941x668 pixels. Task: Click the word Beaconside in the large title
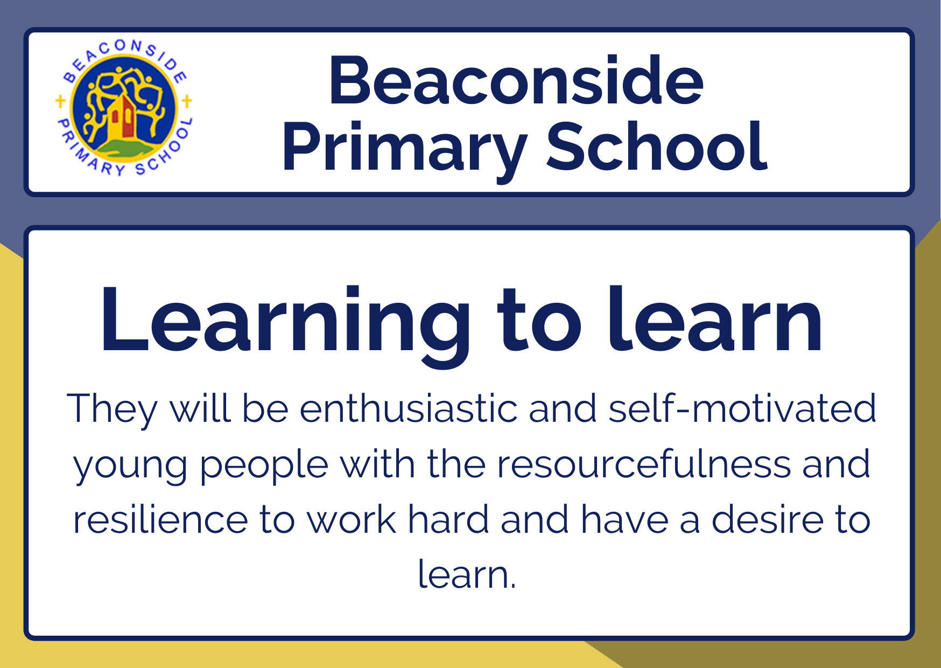pos(516,80)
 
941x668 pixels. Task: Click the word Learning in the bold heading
pos(285,323)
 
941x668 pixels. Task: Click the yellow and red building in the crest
pos(121,117)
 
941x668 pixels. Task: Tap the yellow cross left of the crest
pos(61,101)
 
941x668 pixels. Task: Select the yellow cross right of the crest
pos(187,101)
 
